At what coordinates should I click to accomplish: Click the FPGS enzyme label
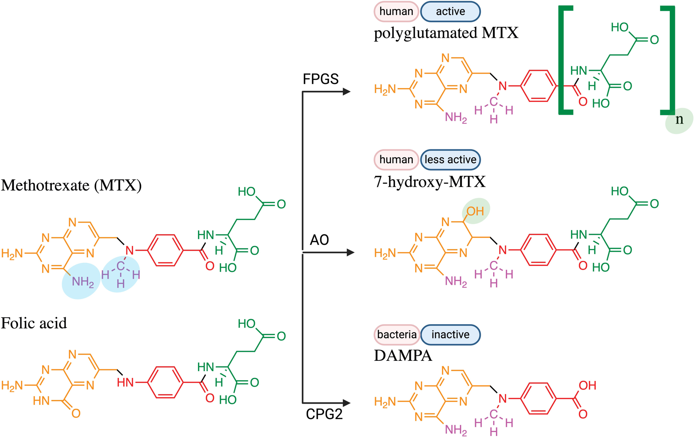pyautogui.click(x=320, y=79)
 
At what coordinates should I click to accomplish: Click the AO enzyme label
pyautogui.click(x=319, y=240)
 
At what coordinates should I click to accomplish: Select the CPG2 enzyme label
pyautogui.click(x=324, y=414)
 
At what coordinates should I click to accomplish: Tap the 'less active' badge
pyautogui.click(x=450, y=160)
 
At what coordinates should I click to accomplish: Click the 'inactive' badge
pyautogui.click(x=450, y=335)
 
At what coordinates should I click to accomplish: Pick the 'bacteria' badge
pyautogui.click(x=397, y=335)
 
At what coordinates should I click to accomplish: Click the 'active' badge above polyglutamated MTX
pyautogui.click(x=450, y=12)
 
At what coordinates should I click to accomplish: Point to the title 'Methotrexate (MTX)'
pyautogui.click(x=71, y=186)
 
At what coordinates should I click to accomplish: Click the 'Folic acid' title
pyautogui.click(x=34, y=323)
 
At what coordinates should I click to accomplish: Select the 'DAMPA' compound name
pyautogui.click(x=403, y=355)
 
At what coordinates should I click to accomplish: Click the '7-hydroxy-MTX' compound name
pyautogui.click(x=430, y=182)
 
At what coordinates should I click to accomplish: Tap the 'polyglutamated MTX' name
pyautogui.click(x=446, y=33)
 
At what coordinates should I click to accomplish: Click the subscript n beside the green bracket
pyautogui.click(x=679, y=120)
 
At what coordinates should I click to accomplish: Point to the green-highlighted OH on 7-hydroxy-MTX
pyautogui.click(x=475, y=211)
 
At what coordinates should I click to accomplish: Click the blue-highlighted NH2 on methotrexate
pyautogui.click(x=82, y=282)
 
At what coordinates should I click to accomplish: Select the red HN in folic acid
pyautogui.click(x=125, y=382)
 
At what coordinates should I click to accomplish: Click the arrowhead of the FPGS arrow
pyautogui.click(x=346, y=91)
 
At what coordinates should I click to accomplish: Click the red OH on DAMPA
pyautogui.click(x=587, y=385)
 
